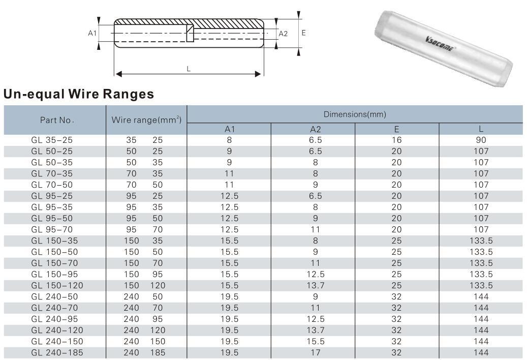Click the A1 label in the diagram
(x=92, y=33)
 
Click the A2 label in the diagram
(x=284, y=34)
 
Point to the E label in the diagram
(x=303, y=33)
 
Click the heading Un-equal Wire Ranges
(x=79, y=94)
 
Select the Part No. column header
(x=57, y=121)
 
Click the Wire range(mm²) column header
(x=147, y=120)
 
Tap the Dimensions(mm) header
(x=355, y=114)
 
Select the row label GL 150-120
(x=57, y=285)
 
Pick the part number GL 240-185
(x=57, y=352)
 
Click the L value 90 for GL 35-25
(x=481, y=140)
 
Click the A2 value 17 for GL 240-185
(x=313, y=352)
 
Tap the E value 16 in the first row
(x=396, y=140)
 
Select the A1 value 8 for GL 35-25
(x=229, y=140)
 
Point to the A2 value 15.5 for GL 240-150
(x=313, y=341)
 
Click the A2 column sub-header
(x=313, y=129)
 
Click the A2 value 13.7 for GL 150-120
(x=313, y=285)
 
